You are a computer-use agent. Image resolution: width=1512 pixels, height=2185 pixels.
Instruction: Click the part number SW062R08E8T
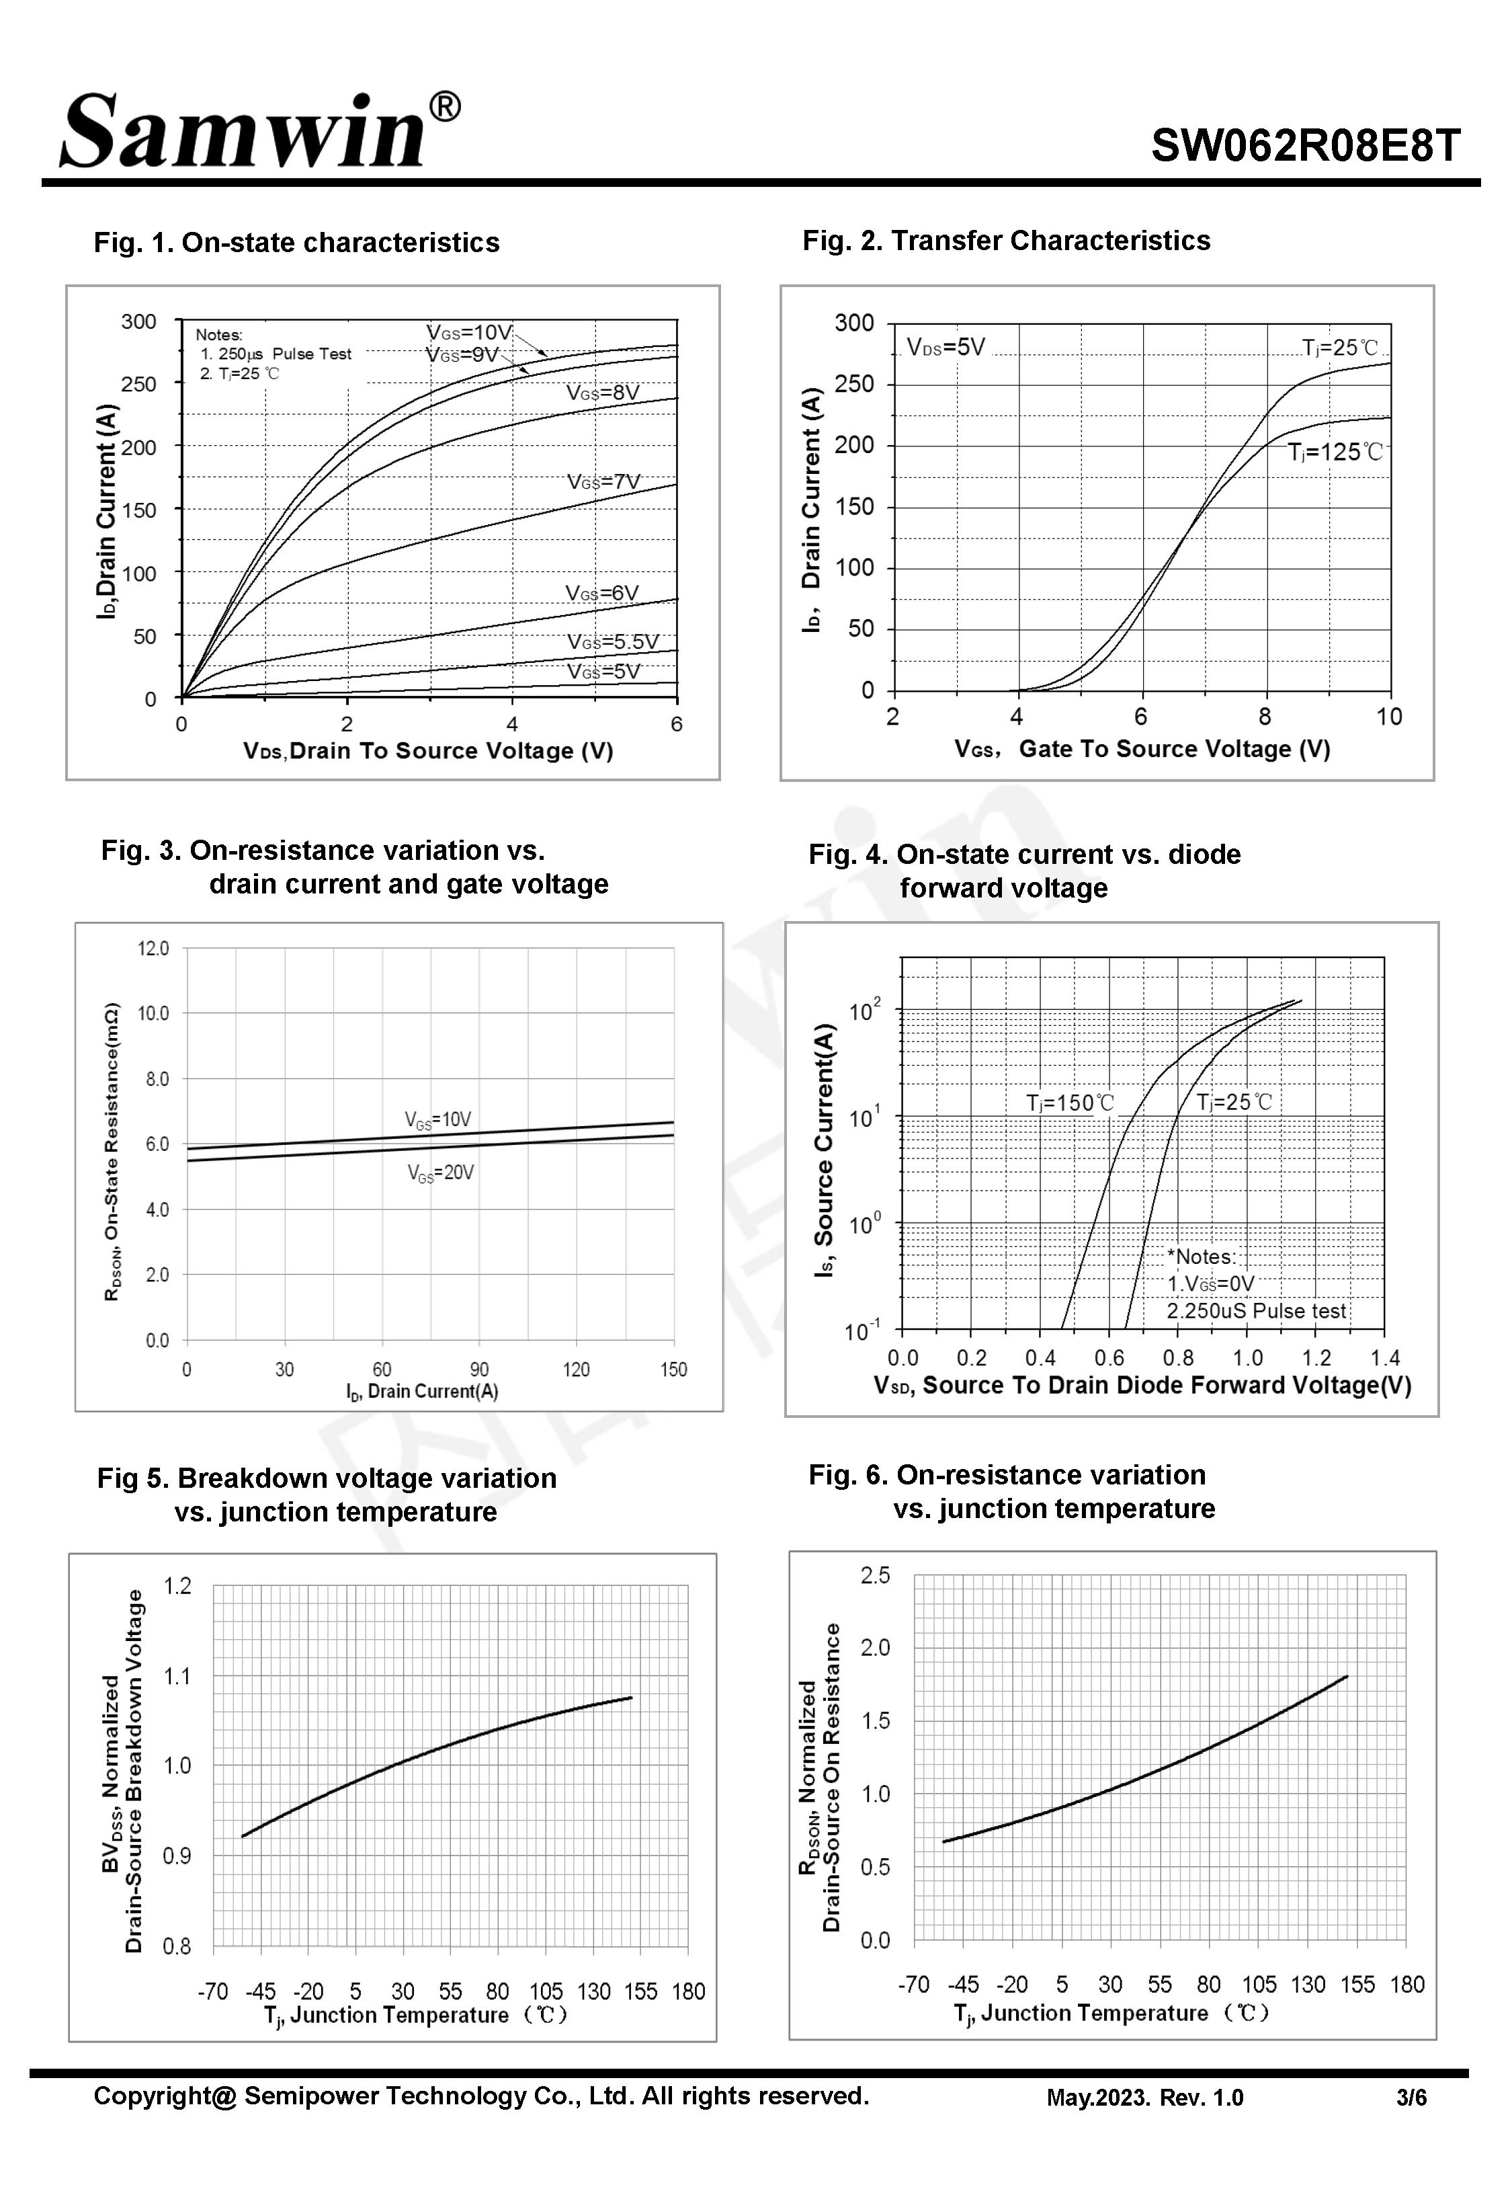point(1306,146)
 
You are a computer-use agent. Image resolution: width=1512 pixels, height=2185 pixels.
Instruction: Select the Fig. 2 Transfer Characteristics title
point(1006,241)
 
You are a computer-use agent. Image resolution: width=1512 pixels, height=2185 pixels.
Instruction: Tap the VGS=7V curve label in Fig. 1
point(603,481)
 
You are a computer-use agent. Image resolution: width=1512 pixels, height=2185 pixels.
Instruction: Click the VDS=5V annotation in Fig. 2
point(946,347)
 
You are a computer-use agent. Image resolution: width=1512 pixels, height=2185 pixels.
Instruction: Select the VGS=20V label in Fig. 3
point(441,1173)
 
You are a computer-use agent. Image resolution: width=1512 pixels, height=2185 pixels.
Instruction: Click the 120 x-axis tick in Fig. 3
point(576,1369)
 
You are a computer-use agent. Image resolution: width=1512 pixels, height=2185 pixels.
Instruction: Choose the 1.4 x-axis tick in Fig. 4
point(1384,1358)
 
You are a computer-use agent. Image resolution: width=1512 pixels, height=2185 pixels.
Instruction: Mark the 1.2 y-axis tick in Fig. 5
point(178,1586)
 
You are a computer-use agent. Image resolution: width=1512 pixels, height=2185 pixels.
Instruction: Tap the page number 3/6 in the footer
point(1411,2098)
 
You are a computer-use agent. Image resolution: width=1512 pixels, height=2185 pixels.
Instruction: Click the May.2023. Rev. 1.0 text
point(1144,2098)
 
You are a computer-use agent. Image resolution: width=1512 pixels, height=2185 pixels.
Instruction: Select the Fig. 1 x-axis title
point(428,752)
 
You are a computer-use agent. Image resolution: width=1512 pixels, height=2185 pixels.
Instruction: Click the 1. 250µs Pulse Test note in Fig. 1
point(275,354)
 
